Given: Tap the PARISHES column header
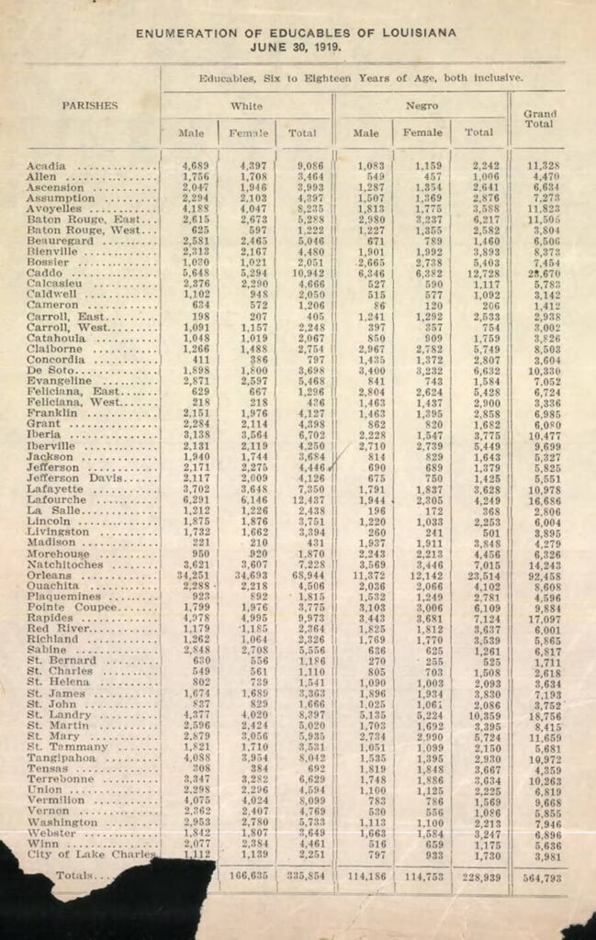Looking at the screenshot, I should coord(90,106).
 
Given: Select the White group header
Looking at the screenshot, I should coord(240,106).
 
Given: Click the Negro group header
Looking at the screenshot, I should coord(422,106).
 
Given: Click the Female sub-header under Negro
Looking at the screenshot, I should coord(422,133).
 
